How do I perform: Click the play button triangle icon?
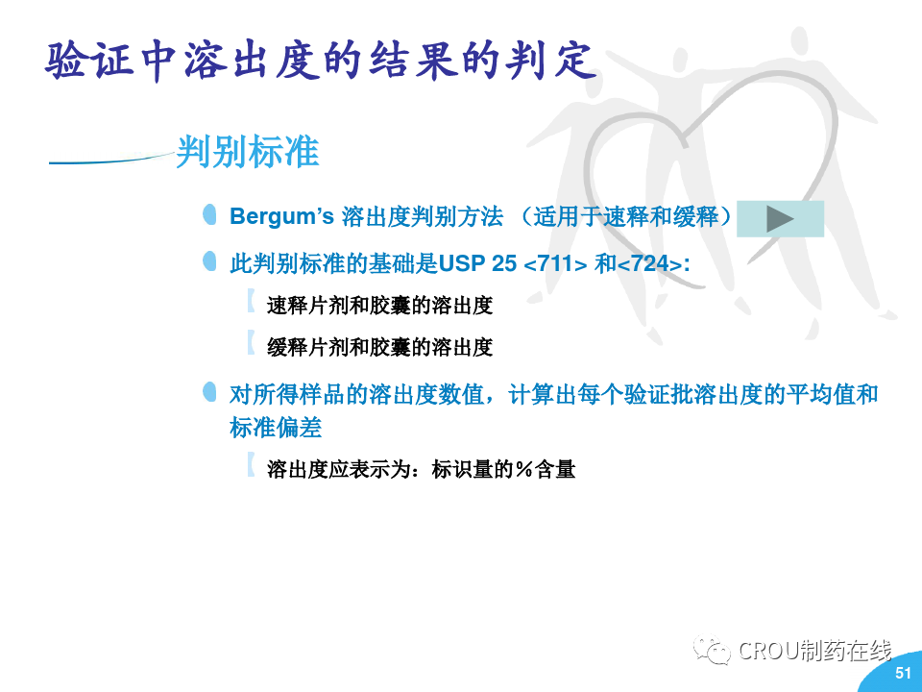coord(779,219)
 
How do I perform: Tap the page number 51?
coord(903,672)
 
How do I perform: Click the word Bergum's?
coord(281,216)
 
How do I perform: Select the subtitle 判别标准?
coord(248,151)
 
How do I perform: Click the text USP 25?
coord(477,263)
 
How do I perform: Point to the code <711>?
coord(555,263)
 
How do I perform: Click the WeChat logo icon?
coord(712,649)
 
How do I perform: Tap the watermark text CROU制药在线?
coord(814,651)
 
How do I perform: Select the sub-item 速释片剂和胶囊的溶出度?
coord(380,306)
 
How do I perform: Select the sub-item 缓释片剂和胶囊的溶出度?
coord(380,347)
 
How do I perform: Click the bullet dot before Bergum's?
coord(209,214)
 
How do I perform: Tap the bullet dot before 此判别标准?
coord(209,261)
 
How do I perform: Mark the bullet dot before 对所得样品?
coord(209,392)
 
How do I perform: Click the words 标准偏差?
coord(276,428)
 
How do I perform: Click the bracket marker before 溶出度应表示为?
coord(251,465)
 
